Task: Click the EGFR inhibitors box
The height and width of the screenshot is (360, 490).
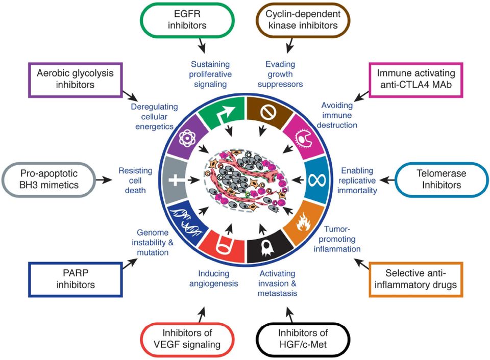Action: pyautogui.click(x=187, y=20)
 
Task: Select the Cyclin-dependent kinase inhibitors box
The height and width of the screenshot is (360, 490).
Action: pyautogui.click(x=303, y=20)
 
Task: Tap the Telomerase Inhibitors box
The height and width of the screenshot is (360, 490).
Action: pyautogui.click(x=442, y=179)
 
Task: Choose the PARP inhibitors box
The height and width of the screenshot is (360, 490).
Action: pyautogui.click(x=76, y=279)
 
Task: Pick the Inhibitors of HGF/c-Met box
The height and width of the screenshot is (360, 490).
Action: pyautogui.click(x=303, y=340)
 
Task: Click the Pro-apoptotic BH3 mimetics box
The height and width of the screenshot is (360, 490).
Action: pyautogui.click(x=49, y=179)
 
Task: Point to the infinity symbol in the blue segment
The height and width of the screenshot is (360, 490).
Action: pyautogui.click(x=317, y=180)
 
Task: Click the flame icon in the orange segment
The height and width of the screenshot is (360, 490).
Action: pyautogui.click(x=303, y=222)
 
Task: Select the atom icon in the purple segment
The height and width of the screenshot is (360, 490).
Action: pyautogui.click(x=187, y=138)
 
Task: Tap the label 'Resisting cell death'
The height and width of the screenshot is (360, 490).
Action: pyautogui.click(x=135, y=181)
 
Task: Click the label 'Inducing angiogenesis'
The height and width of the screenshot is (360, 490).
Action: pyautogui.click(x=214, y=278)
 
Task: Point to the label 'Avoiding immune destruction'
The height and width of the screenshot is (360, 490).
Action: pyautogui.click(x=337, y=115)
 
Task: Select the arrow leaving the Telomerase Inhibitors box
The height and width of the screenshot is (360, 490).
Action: pyautogui.click(x=387, y=180)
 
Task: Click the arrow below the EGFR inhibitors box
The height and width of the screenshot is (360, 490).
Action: pyautogui.click(x=202, y=45)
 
